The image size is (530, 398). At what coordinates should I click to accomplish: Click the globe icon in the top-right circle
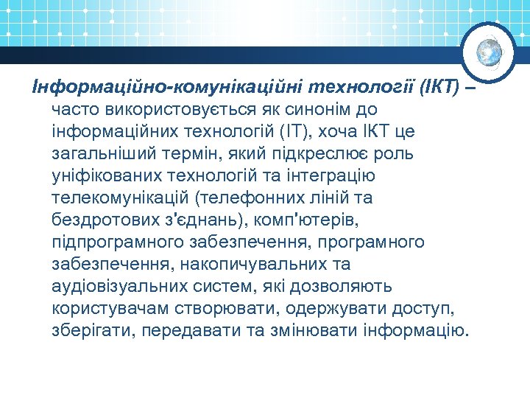coord(488,52)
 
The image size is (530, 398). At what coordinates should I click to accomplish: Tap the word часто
coord(76,111)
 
